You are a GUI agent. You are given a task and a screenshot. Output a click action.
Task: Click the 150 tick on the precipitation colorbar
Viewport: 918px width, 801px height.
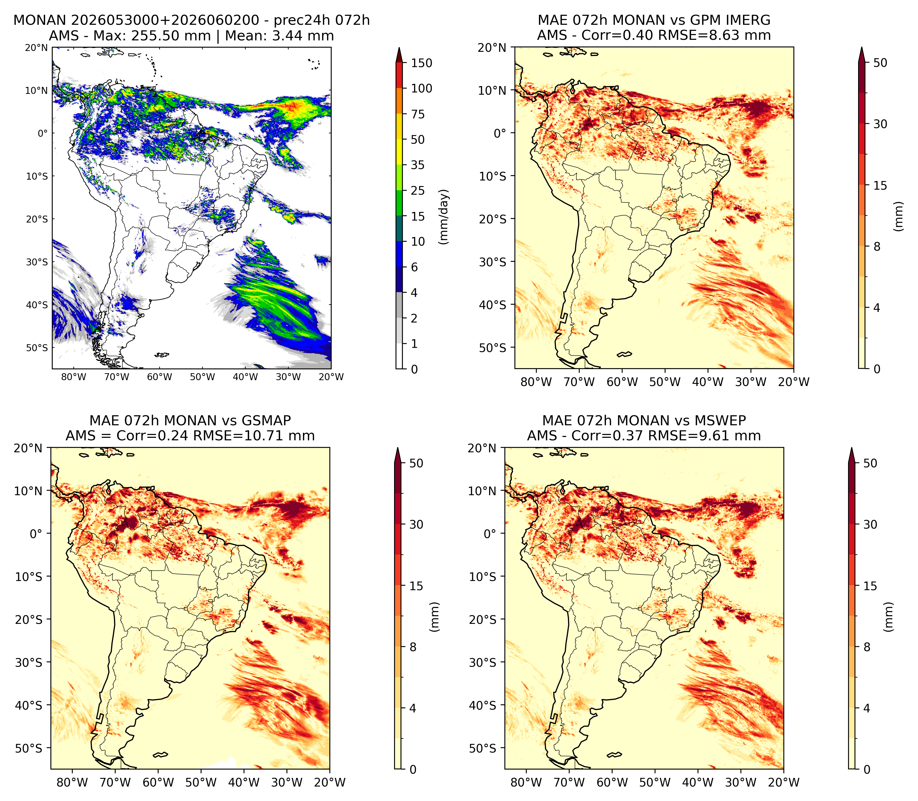[x=421, y=63]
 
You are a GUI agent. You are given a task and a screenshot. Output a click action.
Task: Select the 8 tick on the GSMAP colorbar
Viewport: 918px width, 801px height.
[x=413, y=647]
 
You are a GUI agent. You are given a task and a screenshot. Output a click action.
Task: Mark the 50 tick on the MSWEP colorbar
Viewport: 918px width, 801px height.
[x=870, y=463]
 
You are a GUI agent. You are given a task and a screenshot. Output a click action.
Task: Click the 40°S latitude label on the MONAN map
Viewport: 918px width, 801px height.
[x=37, y=305]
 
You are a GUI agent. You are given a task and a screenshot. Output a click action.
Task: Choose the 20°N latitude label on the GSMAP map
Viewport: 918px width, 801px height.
[x=28, y=448]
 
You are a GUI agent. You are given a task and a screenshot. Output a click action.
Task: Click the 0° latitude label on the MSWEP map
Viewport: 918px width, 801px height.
[x=490, y=533]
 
